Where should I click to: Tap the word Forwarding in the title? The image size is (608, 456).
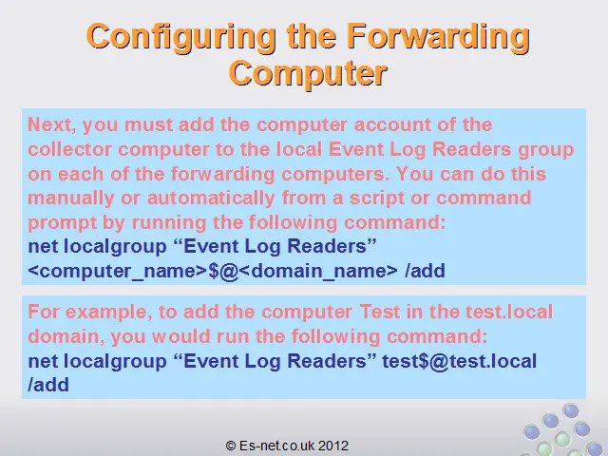tap(438, 38)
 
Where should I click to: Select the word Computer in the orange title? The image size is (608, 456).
tap(308, 73)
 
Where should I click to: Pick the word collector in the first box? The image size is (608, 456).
tap(69, 149)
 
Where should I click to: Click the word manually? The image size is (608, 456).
tap(71, 199)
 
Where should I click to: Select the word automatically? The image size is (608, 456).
tap(211, 199)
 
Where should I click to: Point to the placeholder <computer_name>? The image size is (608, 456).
tap(118, 271)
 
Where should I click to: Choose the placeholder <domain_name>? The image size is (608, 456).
tap(318, 271)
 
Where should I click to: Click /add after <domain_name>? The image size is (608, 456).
tap(425, 271)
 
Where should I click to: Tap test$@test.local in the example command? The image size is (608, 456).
tap(460, 361)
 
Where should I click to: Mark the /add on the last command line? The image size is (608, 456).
tap(48, 385)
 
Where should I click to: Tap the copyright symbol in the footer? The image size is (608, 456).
tap(230, 446)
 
